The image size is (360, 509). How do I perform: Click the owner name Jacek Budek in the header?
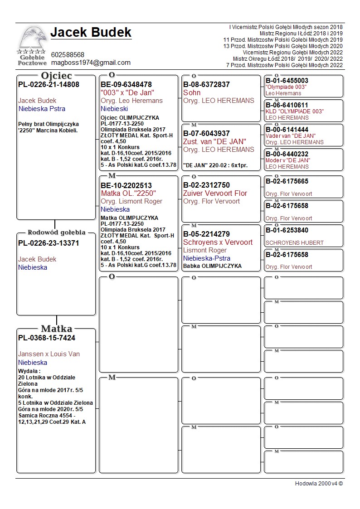(x=91, y=32)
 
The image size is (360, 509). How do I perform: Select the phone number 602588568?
(x=68, y=55)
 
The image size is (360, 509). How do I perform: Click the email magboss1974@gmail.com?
(x=91, y=63)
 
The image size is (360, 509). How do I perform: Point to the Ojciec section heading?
(x=56, y=75)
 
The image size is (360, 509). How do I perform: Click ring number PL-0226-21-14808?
(x=49, y=84)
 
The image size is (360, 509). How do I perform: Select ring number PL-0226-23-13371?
(x=49, y=243)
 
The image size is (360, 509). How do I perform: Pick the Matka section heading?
(x=56, y=329)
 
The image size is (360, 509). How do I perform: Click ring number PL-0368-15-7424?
(x=47, y=338)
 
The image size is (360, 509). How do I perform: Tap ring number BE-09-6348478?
(x=126, y=84)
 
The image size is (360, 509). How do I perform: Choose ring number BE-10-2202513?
(x=126, y=185)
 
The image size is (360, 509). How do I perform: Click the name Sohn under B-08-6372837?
(x=192, y=92)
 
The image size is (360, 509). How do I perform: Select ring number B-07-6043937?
(x=206, y=133)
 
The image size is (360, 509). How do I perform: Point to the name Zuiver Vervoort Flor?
(x=215, y=193)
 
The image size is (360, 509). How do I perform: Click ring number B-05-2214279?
(x=206, y=234)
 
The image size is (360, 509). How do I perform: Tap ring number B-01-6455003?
(x=287, y=81)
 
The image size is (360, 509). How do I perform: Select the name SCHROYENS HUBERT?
(x=294, y=242)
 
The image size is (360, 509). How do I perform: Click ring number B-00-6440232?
(x=287, y=154)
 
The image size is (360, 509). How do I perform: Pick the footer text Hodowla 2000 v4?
(x=319, y=483)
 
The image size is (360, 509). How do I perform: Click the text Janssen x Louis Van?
(x=49, y=354)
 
